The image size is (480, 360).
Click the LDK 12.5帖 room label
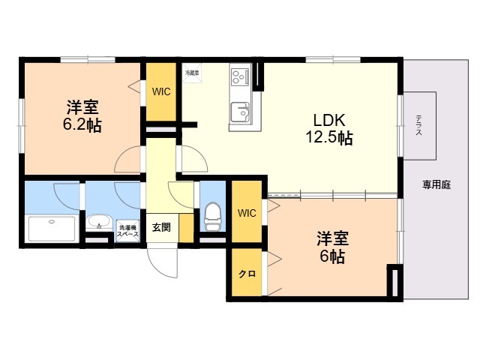point(328,129)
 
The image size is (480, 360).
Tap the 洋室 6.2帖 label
point(82,115)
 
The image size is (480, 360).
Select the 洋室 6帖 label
point(331,247)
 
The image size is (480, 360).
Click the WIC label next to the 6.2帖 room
point(161,92)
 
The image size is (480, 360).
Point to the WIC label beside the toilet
point(247,213)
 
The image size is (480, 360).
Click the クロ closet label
point(246,274)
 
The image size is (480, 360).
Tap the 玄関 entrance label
point(161,226)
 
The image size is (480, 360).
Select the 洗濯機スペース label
point(127,231)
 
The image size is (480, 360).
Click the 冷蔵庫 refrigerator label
point(192,73)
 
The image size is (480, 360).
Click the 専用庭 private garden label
point(435,184)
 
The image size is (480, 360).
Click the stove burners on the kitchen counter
point(240,76)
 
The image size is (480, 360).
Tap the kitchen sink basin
point(240,112)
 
